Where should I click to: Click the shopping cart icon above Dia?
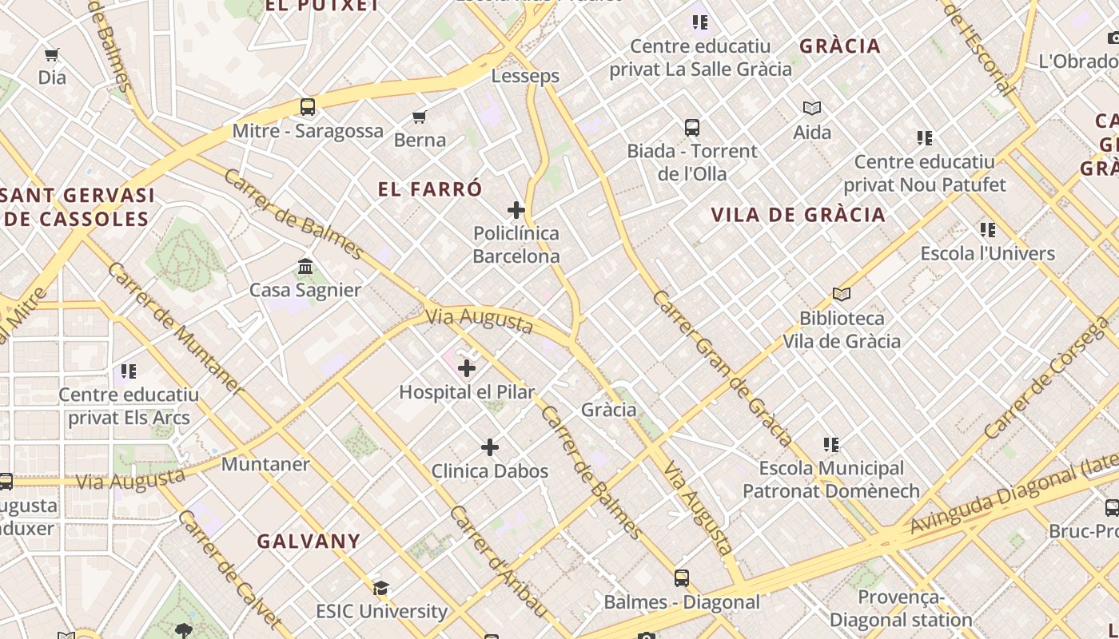tap(52, 55)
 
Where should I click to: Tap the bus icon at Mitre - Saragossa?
tap(308, 106)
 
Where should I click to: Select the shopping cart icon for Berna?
tap(420, 117)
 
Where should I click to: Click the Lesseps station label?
tap(525, 76)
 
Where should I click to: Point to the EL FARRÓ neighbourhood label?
tap(430, 189)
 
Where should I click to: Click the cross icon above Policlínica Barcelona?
tap(516, 210)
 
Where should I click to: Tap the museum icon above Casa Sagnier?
tap(305, 266)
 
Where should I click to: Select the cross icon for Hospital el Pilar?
tap(467, 368)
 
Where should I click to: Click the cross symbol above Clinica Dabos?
tap(490, 447)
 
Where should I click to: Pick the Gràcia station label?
tap(609, 410)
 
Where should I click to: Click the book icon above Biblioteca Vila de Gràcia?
tap(842, 294)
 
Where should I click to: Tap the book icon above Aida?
tap(812, 108)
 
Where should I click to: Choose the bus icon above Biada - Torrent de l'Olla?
tap(692, 127)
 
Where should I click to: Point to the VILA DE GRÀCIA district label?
tap(798, 214)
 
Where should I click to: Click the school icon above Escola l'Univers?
tap(988, 230)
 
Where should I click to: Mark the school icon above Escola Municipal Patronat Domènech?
tap(831, 444)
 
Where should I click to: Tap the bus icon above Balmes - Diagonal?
tap(682, 577)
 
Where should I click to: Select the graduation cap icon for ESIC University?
tap(381, 588)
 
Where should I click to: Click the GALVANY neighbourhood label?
tap(309, 541)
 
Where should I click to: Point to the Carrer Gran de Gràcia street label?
tap(723, 367)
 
